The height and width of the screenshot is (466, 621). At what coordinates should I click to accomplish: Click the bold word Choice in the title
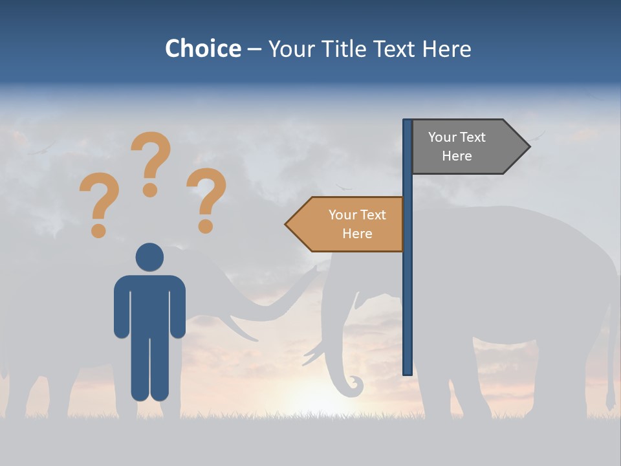(202, 49)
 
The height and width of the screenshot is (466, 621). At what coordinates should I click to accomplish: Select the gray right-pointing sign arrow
(466, 146)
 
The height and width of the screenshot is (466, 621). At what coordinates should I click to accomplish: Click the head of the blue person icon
(149, 257)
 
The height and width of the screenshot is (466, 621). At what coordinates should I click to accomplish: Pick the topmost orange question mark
(151, 162)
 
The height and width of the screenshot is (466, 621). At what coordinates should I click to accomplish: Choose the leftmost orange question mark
(98, 204)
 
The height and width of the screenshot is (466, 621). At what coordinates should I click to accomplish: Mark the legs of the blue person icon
(149, 369)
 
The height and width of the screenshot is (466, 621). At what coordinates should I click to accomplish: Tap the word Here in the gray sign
(457, 156)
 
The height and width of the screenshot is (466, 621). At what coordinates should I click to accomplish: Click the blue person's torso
(149, 304)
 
